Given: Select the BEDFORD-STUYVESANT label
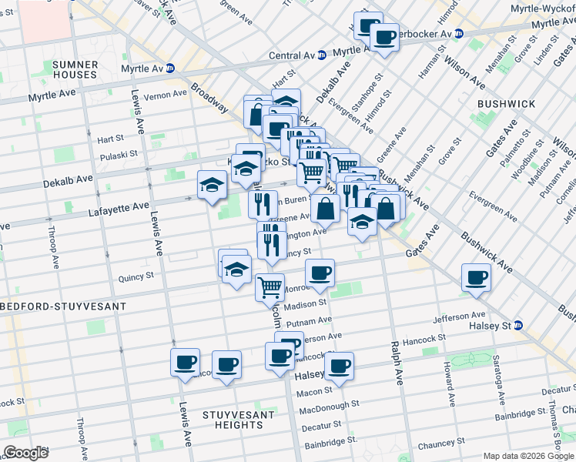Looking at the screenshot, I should click(62, 306).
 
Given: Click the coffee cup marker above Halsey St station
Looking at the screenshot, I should click(476, 278).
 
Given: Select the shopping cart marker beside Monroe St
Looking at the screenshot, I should click(270, 287).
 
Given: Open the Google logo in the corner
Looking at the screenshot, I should click(25, 453).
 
